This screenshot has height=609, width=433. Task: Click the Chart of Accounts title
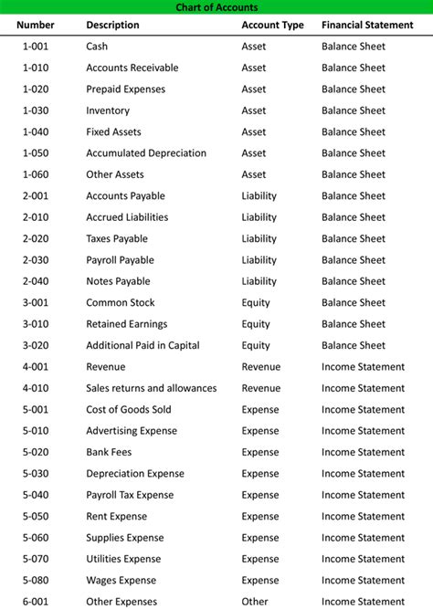click(x=216, y=7)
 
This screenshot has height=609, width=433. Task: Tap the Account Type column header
click(x=272, y=26)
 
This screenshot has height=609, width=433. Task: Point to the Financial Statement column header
click(x=367, y=26)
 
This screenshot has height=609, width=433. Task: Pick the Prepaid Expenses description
click(x=126, y=89)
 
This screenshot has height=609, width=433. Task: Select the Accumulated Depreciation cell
click(x=146, y=153)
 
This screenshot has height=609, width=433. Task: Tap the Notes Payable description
click(x=118, y=281)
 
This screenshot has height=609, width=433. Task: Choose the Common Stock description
click(x=121, y=303)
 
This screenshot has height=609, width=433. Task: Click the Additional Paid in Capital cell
click(x=143, y=346)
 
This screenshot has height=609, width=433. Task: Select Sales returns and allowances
click(x=152, y=388)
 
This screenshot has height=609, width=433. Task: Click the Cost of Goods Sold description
click(x=129, y=410)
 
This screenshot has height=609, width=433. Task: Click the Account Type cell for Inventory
click(x=254, y=110)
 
